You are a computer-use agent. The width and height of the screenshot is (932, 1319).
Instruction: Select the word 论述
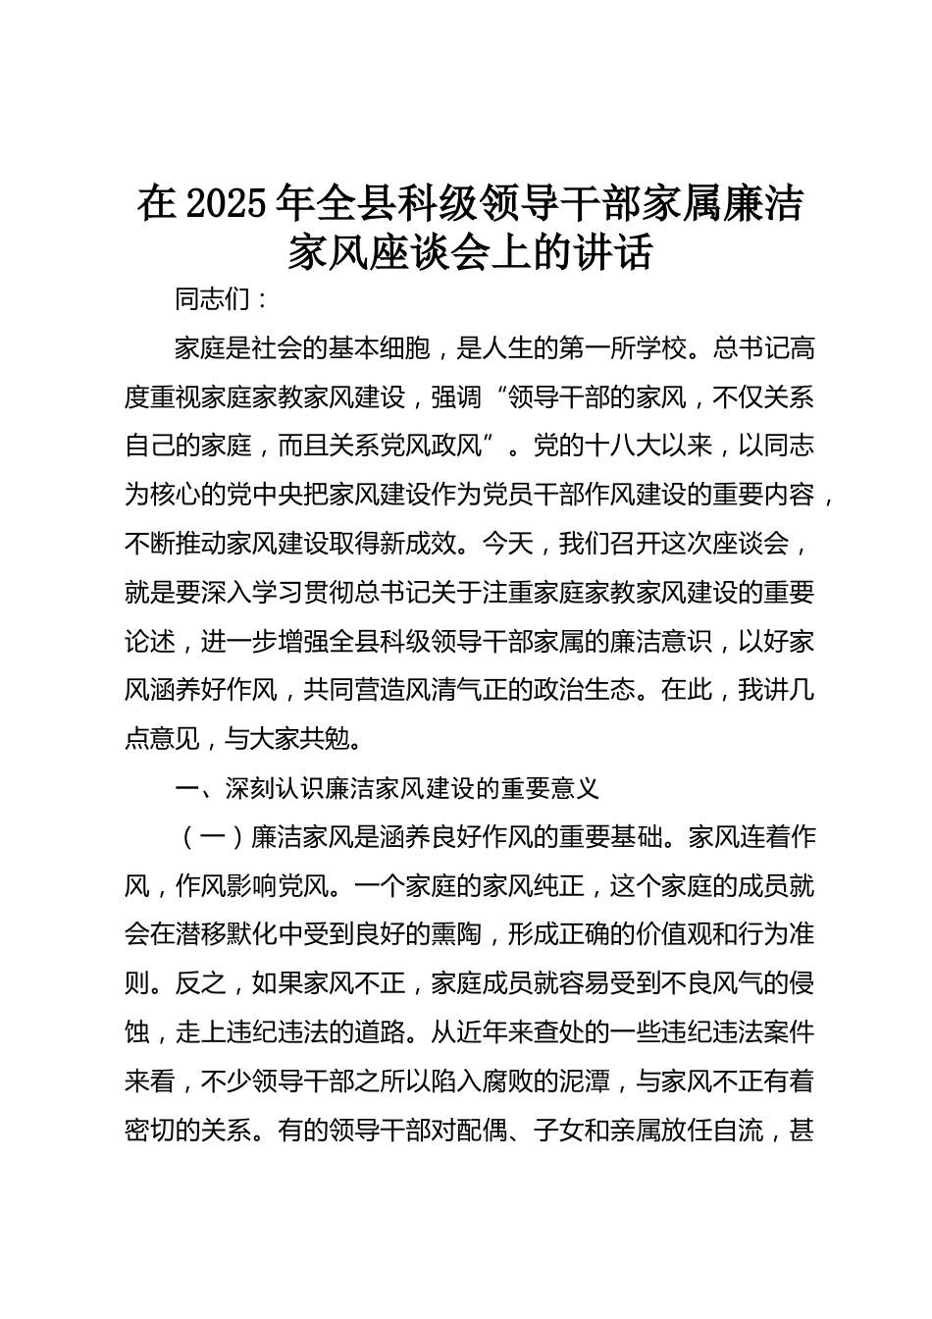coord(150,642)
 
